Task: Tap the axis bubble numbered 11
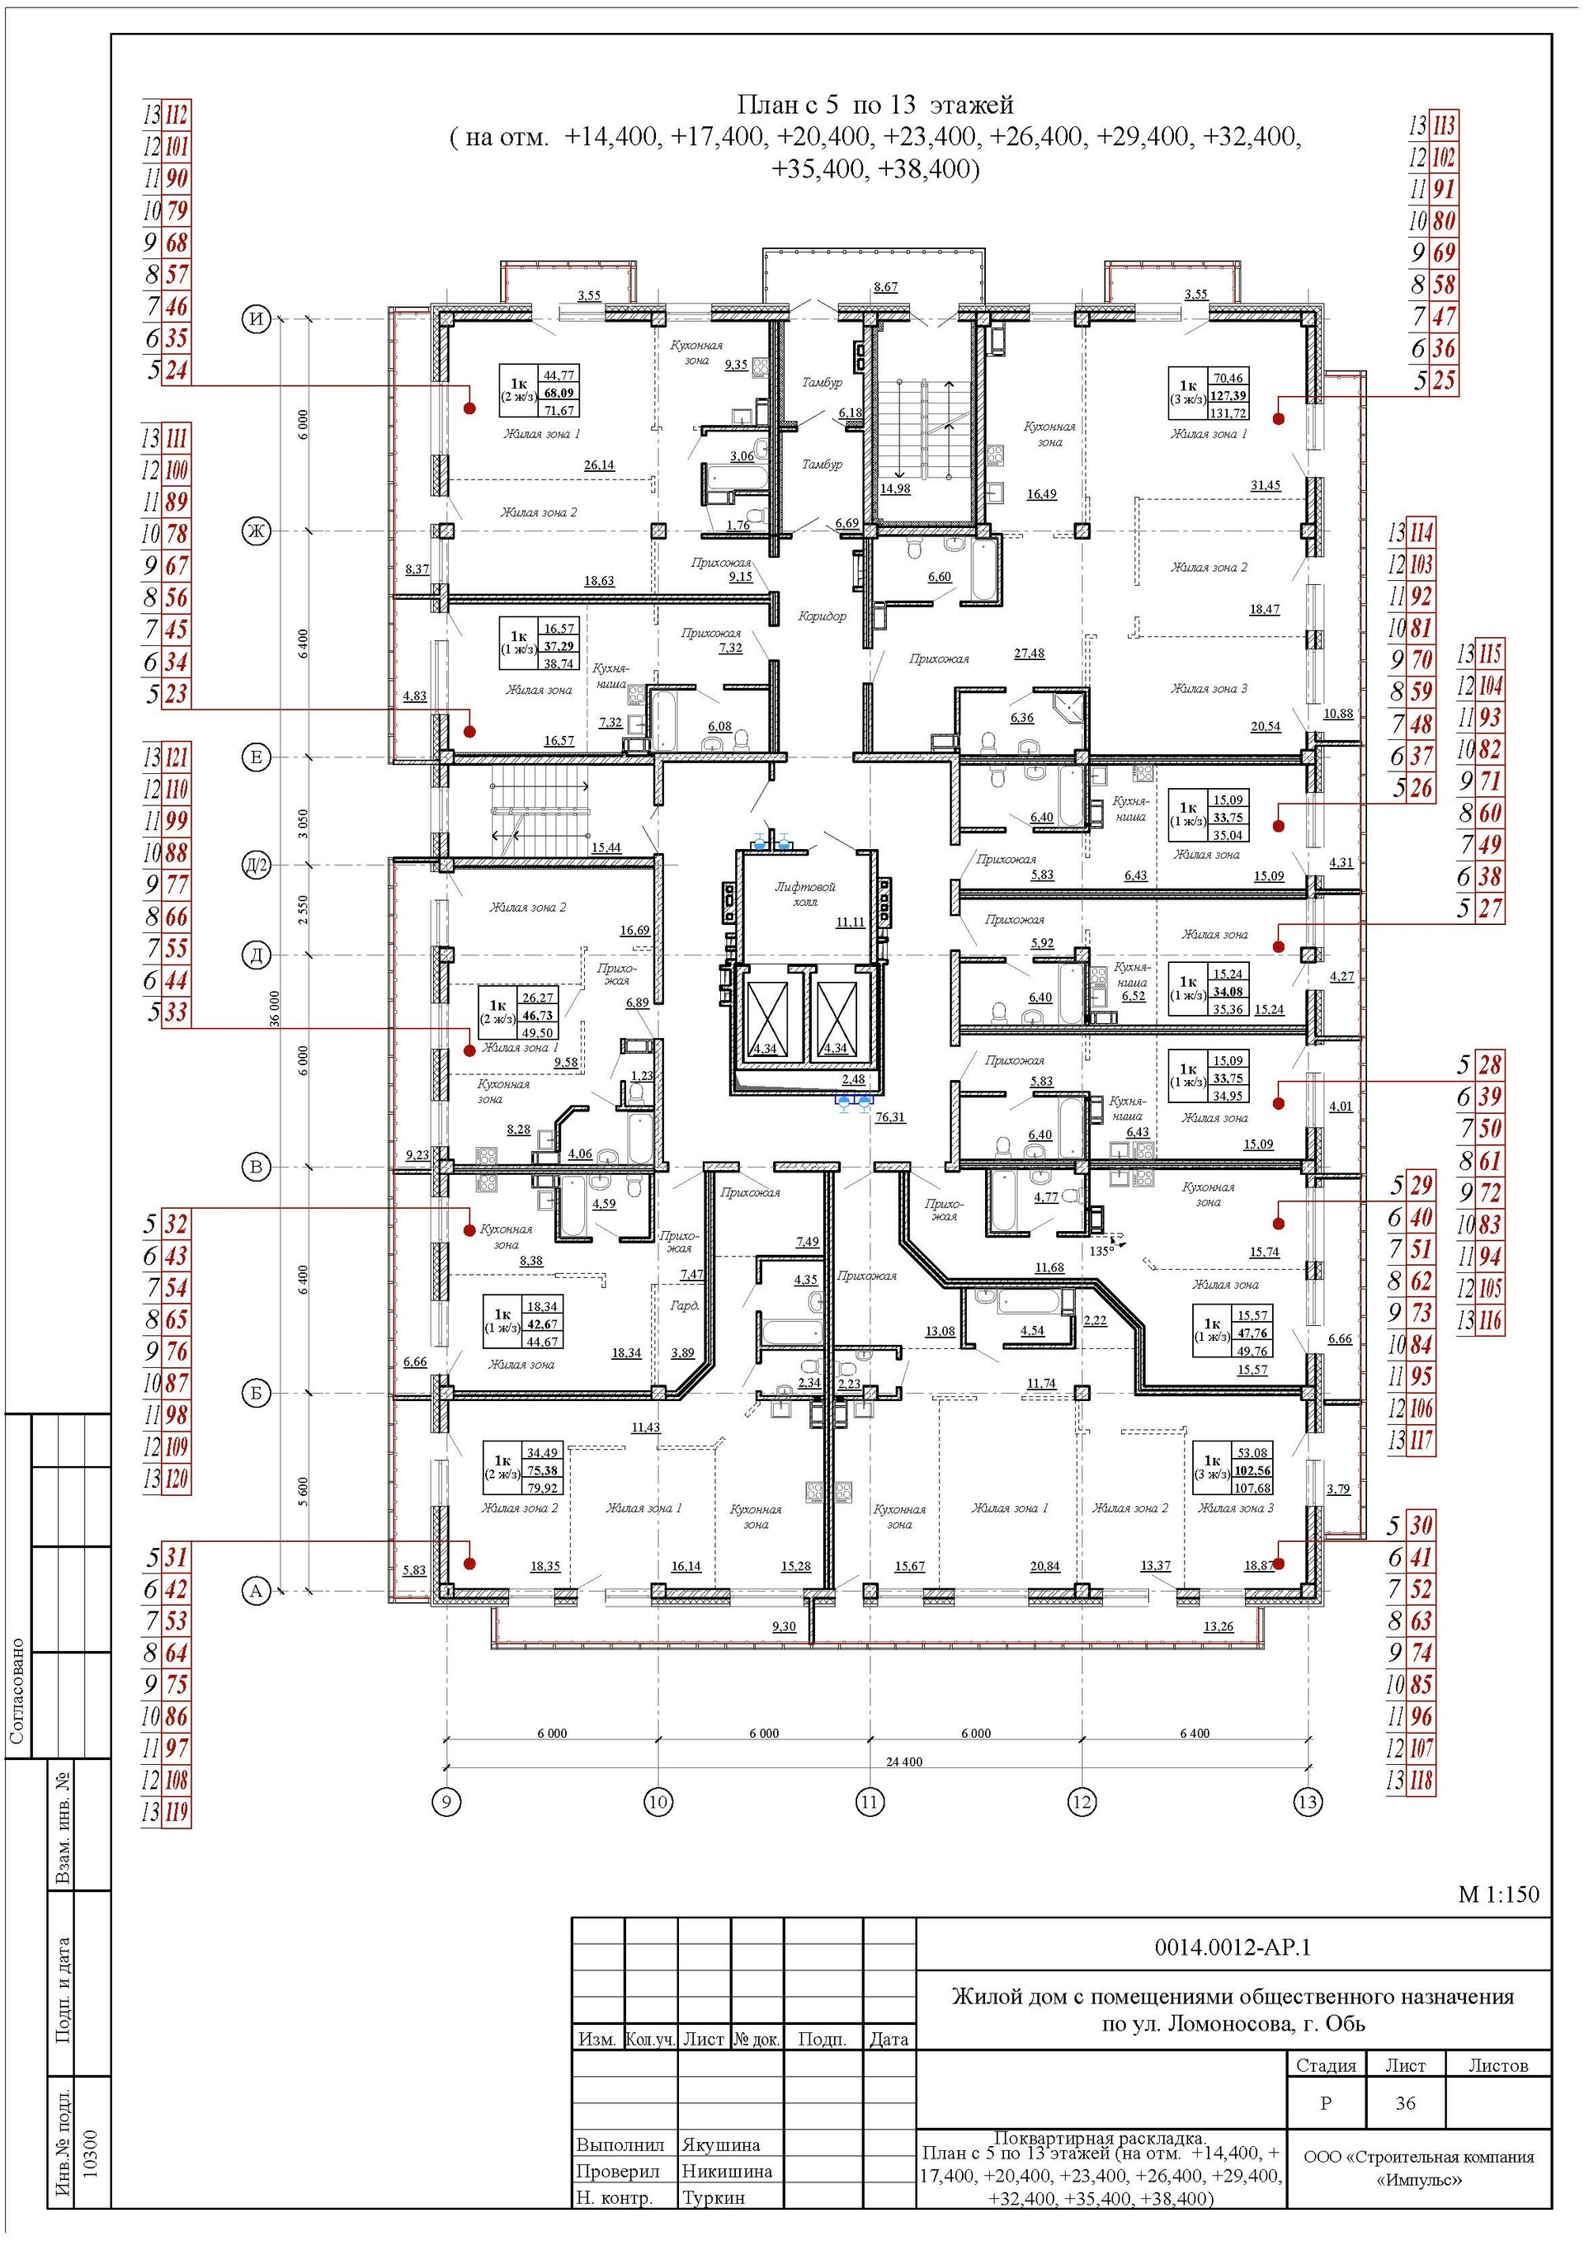tap(870, 1802)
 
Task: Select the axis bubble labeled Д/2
tap(256, 866)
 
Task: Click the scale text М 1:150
tap(1498, 1894)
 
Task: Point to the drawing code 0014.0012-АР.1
tap(1233, 1947)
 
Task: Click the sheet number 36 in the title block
tap(1404, 2103)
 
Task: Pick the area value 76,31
tap(889, 1117)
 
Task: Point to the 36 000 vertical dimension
tap(276, 1008)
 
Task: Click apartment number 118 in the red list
tap(1421, 1781)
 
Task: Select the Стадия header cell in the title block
tap(1326, 2065)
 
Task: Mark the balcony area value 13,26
tap(1218, 1627)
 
